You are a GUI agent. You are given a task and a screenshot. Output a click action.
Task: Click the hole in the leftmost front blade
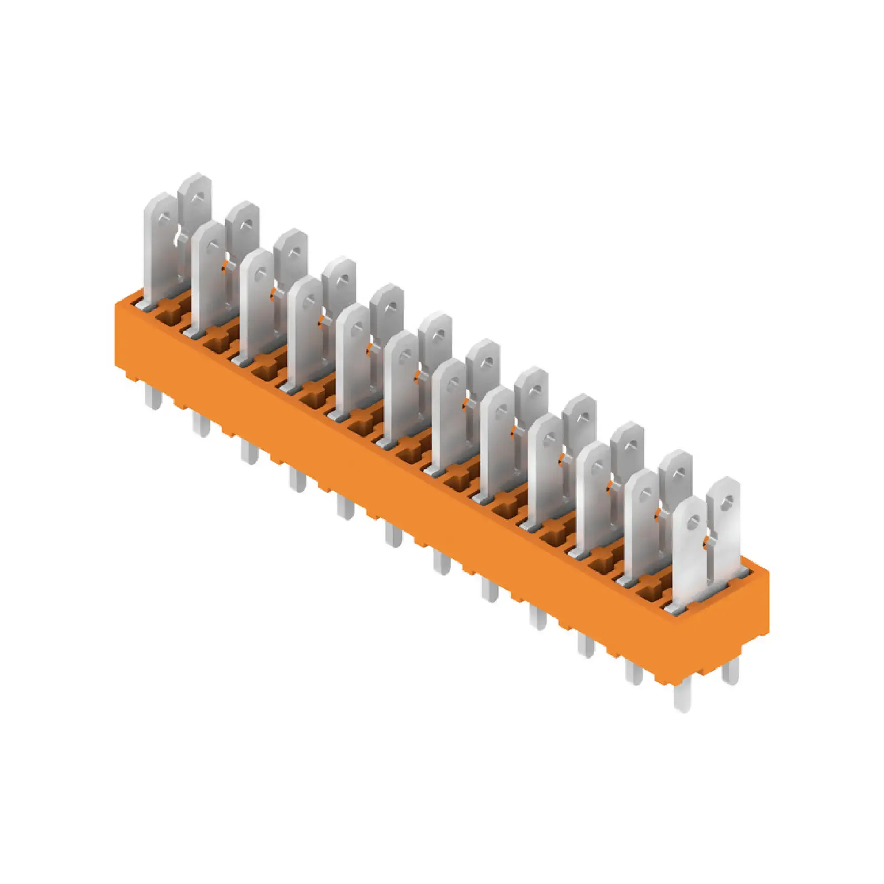164,220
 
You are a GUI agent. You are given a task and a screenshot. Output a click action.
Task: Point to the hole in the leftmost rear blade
198,197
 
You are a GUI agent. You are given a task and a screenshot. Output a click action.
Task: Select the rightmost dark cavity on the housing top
652,593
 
